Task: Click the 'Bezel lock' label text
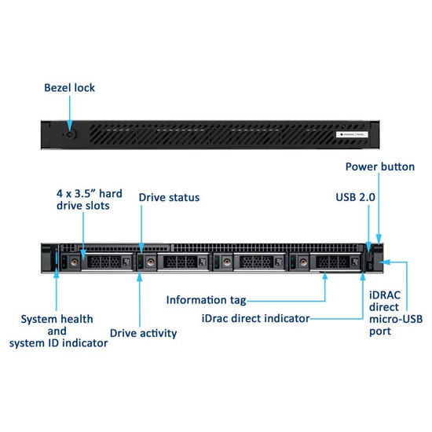coord(69,88)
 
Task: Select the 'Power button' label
coord(379,167)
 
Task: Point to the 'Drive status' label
coord(169,197)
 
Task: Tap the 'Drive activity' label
coord(143,333)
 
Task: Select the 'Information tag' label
coord(206,300)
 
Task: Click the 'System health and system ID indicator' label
coord(58,331)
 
